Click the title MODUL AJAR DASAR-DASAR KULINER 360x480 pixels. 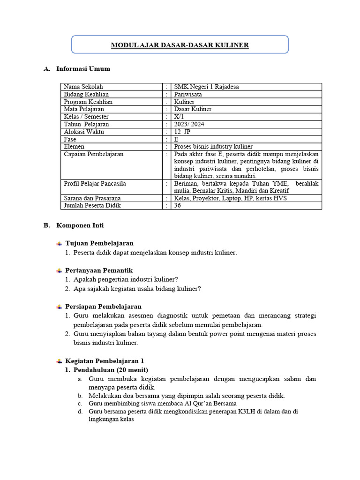point(180,45)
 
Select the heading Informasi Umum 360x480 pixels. point(83,69)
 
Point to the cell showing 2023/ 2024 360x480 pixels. point(189,124)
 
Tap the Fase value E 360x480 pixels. point(176,139)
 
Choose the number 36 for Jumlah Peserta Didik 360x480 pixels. point(177,205)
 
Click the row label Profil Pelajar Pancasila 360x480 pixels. point(95,183)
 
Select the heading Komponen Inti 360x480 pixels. point(80,225)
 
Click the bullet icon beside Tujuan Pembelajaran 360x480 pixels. point(59,243)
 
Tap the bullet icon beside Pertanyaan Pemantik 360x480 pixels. point(59,270)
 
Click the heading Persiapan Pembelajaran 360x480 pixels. point(103,307)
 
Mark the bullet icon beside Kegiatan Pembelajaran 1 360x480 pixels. point(59,361)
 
